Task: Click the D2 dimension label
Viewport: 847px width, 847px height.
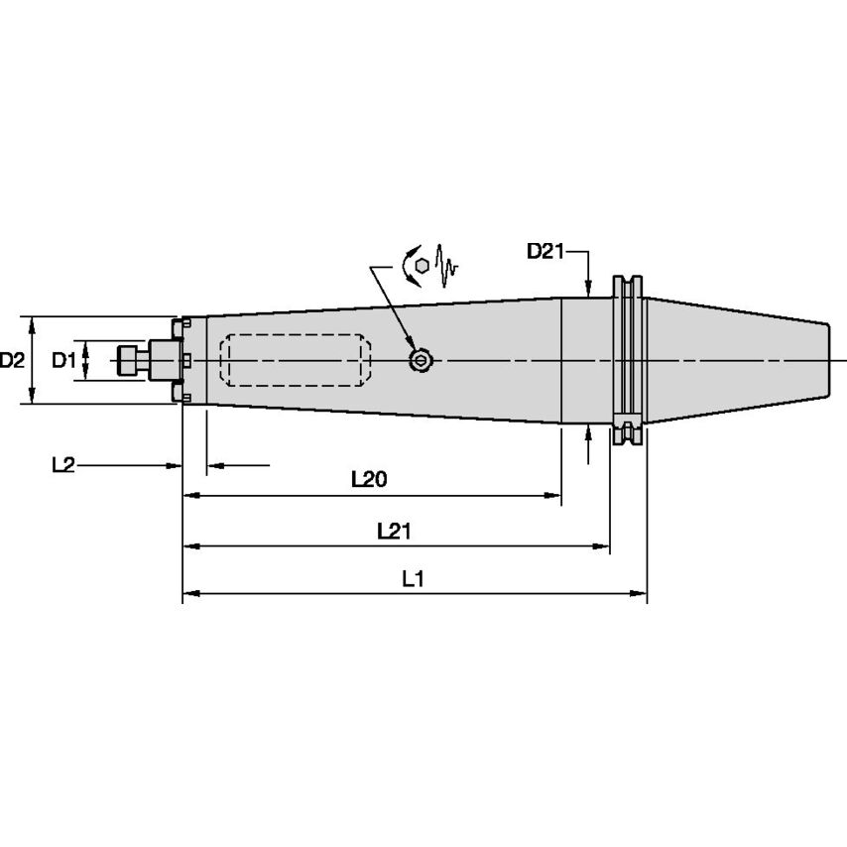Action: pyautogui.click(x=12, y=361)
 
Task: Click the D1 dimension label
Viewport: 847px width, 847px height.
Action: pyautogui.click(x=63, y=361)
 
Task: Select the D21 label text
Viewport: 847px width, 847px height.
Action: pyautogui.click(x=544, y=252)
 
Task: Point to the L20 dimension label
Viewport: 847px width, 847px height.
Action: pyautogui.click(x=369, y=480)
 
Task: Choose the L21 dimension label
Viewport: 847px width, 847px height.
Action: pyautogui.click(x=394, y=532)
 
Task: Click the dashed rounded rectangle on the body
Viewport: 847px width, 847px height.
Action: pyautogui.click(x=295, y=360)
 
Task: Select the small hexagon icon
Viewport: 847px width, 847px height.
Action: pyautogui.click(x=423, y=266)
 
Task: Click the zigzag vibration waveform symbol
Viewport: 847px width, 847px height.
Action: pyautogui.click(x=448, y=266)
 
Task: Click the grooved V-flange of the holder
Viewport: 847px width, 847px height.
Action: pyautogui.click(x=627, y=360)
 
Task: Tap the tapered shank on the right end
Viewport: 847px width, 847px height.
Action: pyautogui.click(x=739, y=360)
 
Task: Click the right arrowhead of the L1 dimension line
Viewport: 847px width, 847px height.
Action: pyautogui.click(x=640, y=594)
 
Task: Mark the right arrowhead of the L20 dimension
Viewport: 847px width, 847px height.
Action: pyautogui.click(x=554, y=494)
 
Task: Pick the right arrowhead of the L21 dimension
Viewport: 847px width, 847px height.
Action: pyautogui.click(x=601, y=545)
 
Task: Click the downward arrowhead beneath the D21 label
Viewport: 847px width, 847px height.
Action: pyautogui.click(x=589, y=290)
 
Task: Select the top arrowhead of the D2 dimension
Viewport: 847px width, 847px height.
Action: pyautogui.click(x=33, y=323)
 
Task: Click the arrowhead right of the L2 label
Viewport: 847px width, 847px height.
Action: pyautogui.click(x=175, y=465)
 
